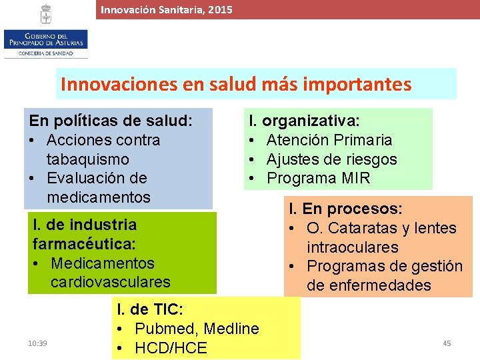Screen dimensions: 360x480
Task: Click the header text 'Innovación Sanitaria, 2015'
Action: pyautogui.click(x=167, y=9)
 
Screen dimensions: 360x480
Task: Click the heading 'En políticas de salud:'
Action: pyautogui.click(x=111, y=121)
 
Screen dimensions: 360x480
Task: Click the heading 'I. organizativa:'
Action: pyautogui.click(x=304, y=121)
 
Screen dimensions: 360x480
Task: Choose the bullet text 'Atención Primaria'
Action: pyautogui.click(x=329, y=140)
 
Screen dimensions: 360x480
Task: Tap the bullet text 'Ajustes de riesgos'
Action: pyautogui.click(x=331, y=159)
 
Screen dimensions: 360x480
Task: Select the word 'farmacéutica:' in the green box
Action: pyautogui.click(x=79, y=243)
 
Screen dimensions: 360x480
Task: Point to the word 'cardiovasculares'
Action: pyautogui.click(x=110, y=281)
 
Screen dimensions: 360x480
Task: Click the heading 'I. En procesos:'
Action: pyautogui.click(x=345, y=209)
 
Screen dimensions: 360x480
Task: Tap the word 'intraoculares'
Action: pyautogui.click(x=353, y=247)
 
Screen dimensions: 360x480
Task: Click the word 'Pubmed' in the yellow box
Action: pyautogui.click(x=166, y=329)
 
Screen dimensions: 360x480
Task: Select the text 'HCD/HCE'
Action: pyautogui.click(x=171, y=347)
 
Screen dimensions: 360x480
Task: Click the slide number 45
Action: pyautogui.click(x=447, y=343)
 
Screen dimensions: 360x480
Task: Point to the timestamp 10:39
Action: pyautogui.click(x=37, y=343)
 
